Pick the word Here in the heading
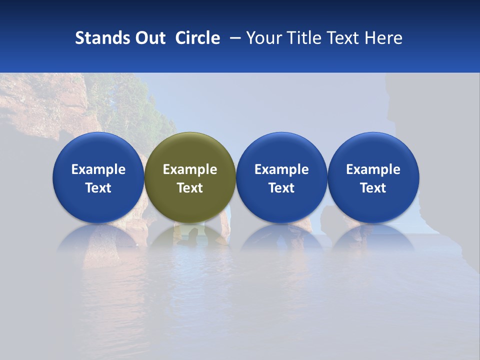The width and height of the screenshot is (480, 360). click(383, 38)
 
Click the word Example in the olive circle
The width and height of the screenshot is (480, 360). click(190, 169)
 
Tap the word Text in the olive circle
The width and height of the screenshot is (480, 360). click(190, 188)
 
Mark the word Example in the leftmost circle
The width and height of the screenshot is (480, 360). click(98, 169)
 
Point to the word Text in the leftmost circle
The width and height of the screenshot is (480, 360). click(98, 188)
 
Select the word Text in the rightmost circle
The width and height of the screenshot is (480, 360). click(373, 188)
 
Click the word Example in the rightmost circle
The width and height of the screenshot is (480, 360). click(373, 169)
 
